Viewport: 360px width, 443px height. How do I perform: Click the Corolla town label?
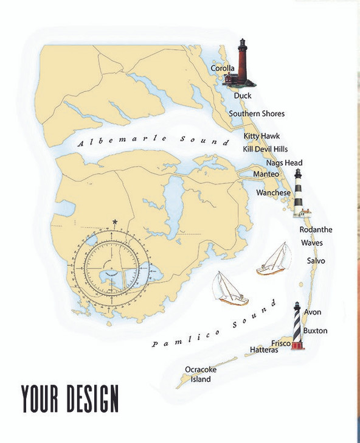pos(223,69)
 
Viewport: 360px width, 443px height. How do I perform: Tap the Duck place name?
pos(243,96)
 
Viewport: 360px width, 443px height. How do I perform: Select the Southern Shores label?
pos(256,114)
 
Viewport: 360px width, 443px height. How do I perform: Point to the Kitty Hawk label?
pos(261,136)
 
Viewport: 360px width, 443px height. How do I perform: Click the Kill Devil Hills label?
pos(265,149)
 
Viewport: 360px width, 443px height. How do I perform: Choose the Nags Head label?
pos(284,163)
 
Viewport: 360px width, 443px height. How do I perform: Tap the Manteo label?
pos(266,175)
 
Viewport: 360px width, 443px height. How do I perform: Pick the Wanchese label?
pos(272,192)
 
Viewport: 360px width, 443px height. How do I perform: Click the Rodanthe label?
pos(316,230)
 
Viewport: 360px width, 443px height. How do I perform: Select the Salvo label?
pos(316,260)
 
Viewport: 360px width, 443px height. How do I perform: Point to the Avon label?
pos(313,312)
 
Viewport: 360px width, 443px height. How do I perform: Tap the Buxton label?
pos(315,330)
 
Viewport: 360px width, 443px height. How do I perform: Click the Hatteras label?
pos(264,351)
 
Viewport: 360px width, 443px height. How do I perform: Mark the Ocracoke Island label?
pos(201,374)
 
